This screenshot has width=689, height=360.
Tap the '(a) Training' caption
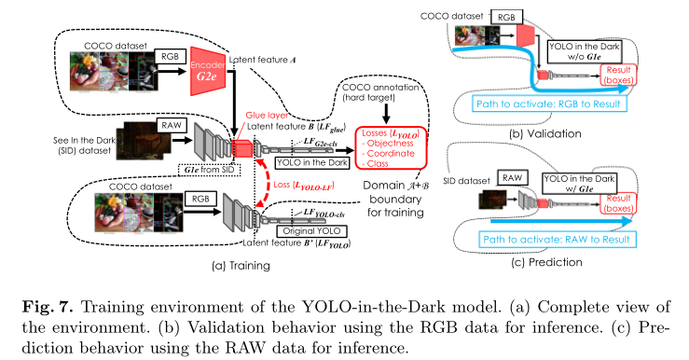(240, 266)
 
